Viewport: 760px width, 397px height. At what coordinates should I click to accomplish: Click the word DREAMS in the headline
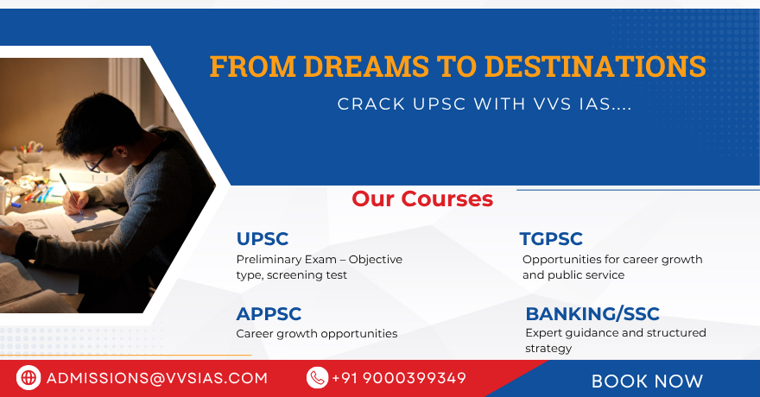click(366, 66)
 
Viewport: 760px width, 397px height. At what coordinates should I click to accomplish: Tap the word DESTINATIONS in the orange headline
click(595, 66)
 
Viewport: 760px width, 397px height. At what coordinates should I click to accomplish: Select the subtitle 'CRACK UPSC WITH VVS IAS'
click(484, 104)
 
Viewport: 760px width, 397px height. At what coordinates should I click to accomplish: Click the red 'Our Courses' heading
click(422, 199)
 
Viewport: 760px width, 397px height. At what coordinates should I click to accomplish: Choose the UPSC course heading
click(263, 239)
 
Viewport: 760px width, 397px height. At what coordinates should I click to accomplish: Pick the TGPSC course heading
click(551, 239)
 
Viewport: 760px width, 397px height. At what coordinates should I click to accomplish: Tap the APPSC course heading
click(269, 314)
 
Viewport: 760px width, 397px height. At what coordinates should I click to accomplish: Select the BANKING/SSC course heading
click(592, 314)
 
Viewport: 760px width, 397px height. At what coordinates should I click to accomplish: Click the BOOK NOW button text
click(647, 381)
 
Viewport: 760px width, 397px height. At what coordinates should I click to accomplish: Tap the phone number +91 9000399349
click(399, 378)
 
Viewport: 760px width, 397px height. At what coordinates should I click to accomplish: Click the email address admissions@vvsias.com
click(157, 378)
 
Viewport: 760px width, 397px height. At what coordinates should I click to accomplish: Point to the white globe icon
click(28, 378)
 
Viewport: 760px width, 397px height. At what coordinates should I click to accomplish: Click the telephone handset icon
click(318, 378)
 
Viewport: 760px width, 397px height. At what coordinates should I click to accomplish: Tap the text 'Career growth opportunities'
click(316, 334)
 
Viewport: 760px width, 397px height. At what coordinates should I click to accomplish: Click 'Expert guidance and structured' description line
click(616, 333)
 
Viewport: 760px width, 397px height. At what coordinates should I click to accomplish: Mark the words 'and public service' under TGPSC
click(573, 275)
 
